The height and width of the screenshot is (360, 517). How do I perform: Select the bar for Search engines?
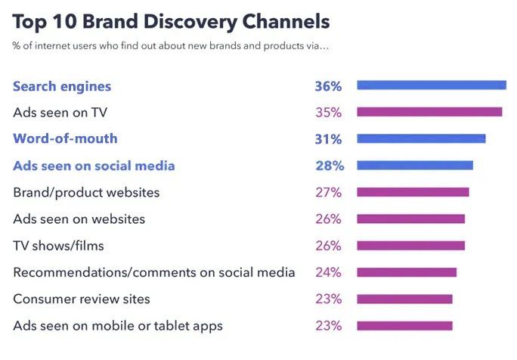(x=431, y=85)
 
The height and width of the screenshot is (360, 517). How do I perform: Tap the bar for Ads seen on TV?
(x=429, y=112)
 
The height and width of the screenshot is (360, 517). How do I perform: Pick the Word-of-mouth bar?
(x=420, y=138)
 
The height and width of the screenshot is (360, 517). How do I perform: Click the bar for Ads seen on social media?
(x=414, y=165)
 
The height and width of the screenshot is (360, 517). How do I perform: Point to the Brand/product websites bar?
(x=412, y=192)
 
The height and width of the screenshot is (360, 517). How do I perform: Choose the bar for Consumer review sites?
(x=404, y=299)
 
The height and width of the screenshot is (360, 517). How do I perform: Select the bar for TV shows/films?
(x=410, y=245)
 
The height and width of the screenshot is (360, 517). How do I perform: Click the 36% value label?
(x=328, y=86)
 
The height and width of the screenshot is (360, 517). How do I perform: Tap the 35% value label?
(x=328, y=113)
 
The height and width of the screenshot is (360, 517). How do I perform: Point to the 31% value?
(x=328, y=139)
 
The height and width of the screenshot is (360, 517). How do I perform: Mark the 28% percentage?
(x=328, y=166)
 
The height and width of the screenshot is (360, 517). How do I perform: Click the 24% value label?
(x=328, y=272)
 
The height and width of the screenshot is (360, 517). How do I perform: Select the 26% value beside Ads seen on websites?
(x=328, y=219)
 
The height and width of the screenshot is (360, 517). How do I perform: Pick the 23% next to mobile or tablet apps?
(x=328, y=326)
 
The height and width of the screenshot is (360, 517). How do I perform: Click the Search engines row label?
(x=62, y=86)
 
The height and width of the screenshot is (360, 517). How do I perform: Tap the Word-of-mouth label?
(x=65, y=139)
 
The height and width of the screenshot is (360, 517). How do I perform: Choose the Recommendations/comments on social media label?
(x=154, y=272)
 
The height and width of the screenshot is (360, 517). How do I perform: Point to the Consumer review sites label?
(x=82, y=299)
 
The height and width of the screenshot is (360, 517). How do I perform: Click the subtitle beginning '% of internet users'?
(x=171, y=46)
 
